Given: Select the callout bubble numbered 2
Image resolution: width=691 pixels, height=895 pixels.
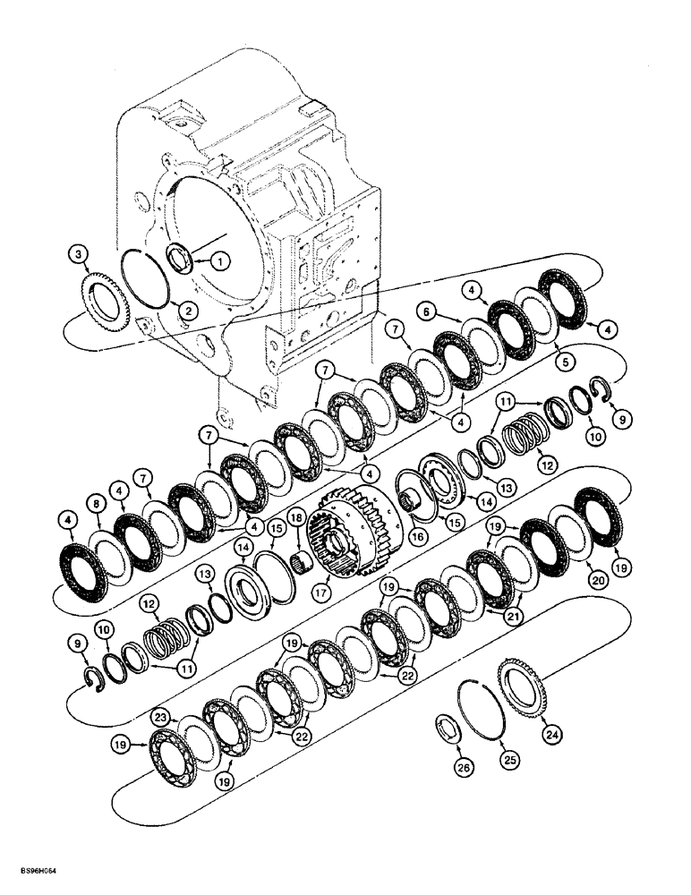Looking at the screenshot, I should pyautogui.click(x=186, y=311).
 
